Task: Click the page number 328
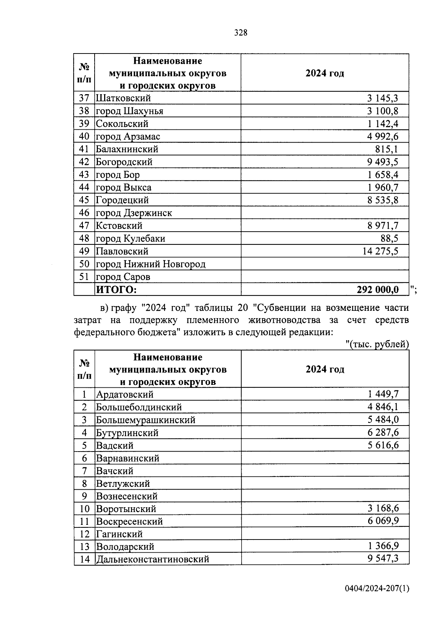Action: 241,33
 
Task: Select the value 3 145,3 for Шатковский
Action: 382,98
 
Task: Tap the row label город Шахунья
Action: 129,111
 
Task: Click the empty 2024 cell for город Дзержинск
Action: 324,213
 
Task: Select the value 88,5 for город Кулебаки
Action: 389,239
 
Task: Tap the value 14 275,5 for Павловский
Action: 380,251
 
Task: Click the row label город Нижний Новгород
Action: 150,264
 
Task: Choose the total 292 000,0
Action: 377,290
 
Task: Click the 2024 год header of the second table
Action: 325,369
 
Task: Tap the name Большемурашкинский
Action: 146,420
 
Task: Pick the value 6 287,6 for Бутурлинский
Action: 382,433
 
